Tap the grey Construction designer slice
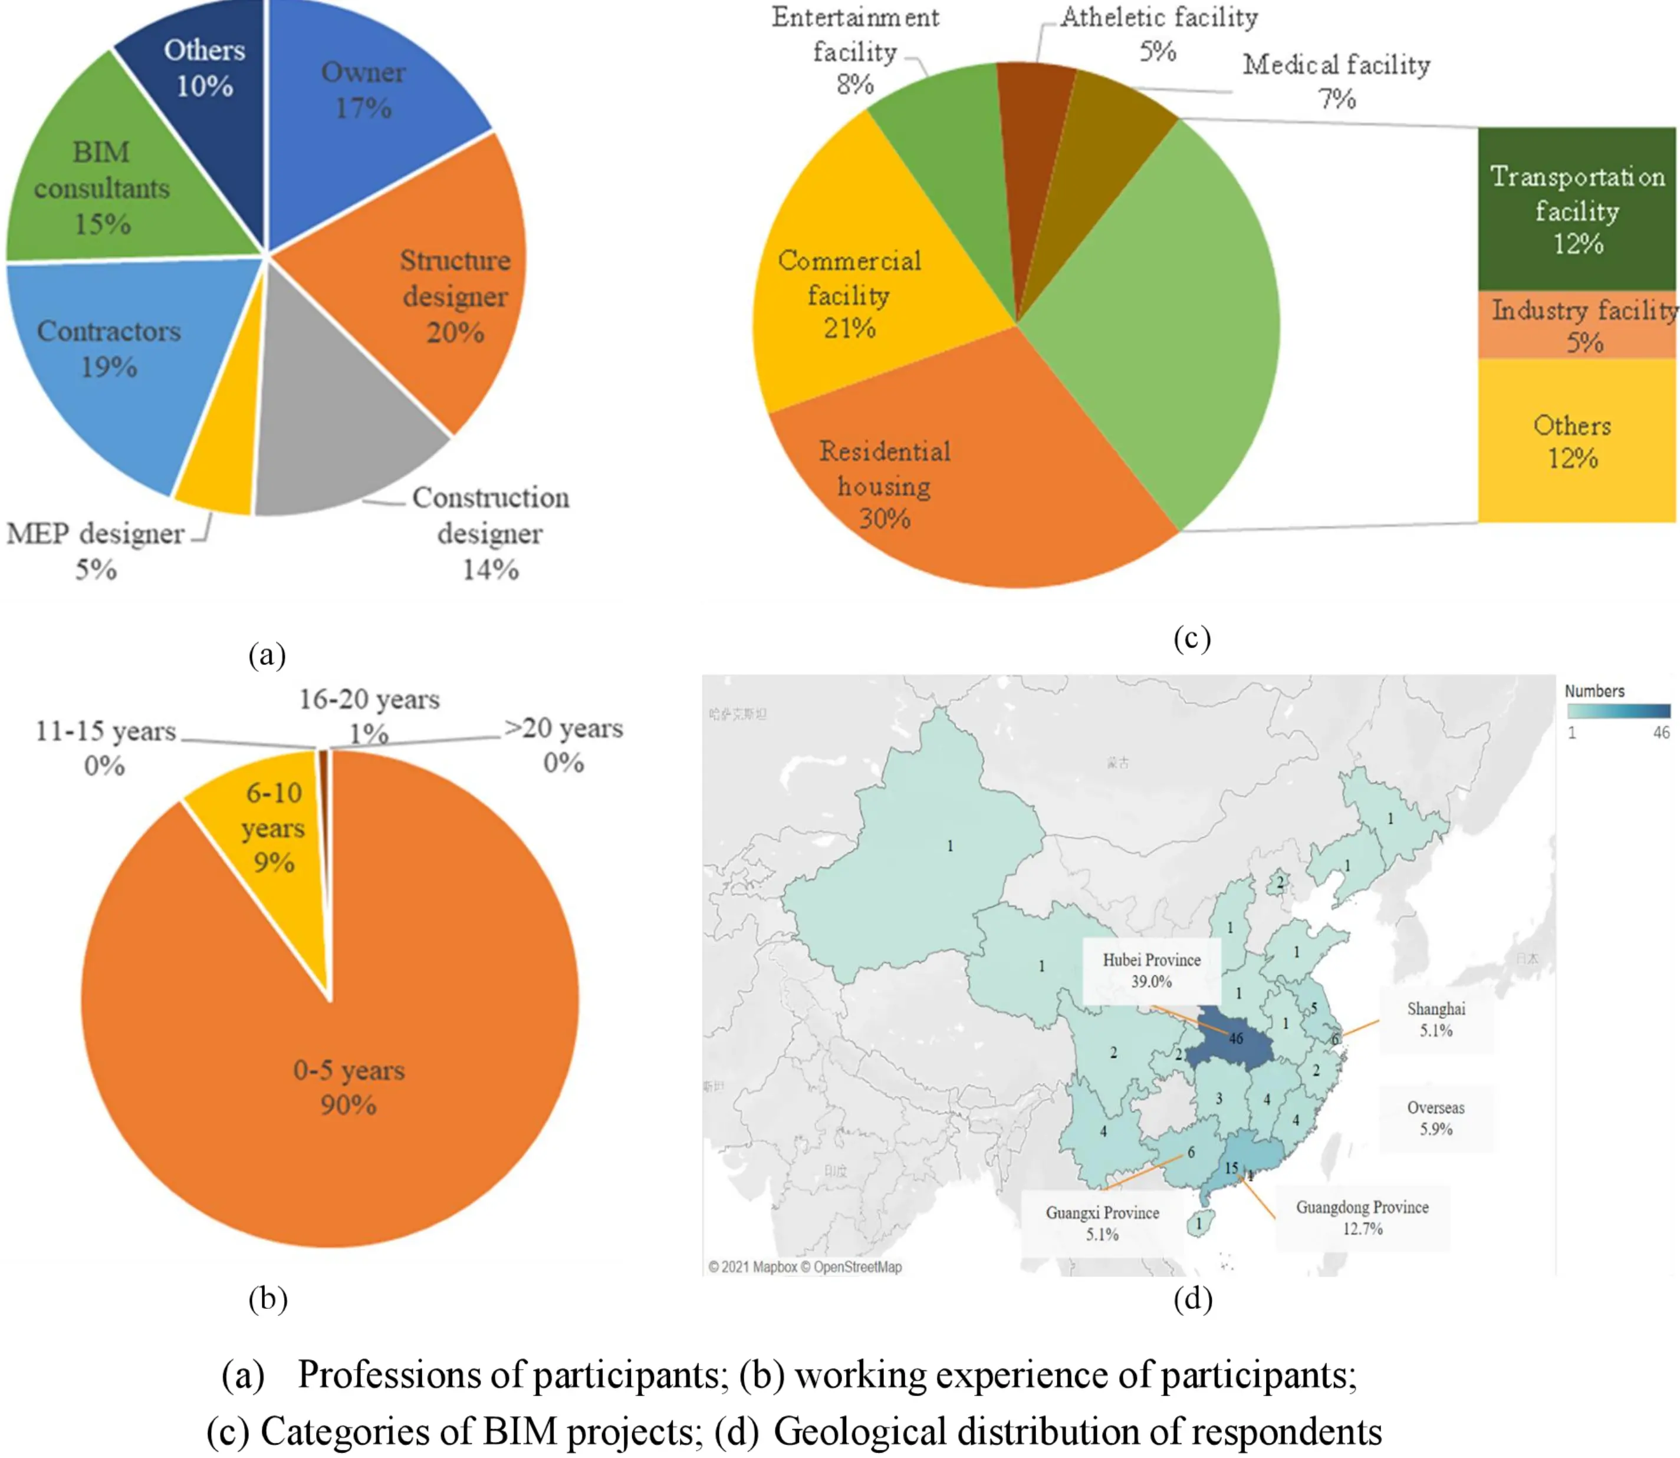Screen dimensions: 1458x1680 (342, 423)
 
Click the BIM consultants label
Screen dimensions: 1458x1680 (102, 187)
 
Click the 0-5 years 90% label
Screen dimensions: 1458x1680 (349, 1086)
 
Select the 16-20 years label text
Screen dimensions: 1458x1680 (369, 700)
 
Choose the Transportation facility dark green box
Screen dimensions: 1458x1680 (1577, 209)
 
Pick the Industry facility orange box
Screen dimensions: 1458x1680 (1577, 325)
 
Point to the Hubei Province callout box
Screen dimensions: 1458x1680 (1151, 971)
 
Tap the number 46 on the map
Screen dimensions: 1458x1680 (1235, 1038)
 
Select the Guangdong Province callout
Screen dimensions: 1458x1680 (1362, 1217)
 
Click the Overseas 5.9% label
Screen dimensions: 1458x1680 (1436, 1118)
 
